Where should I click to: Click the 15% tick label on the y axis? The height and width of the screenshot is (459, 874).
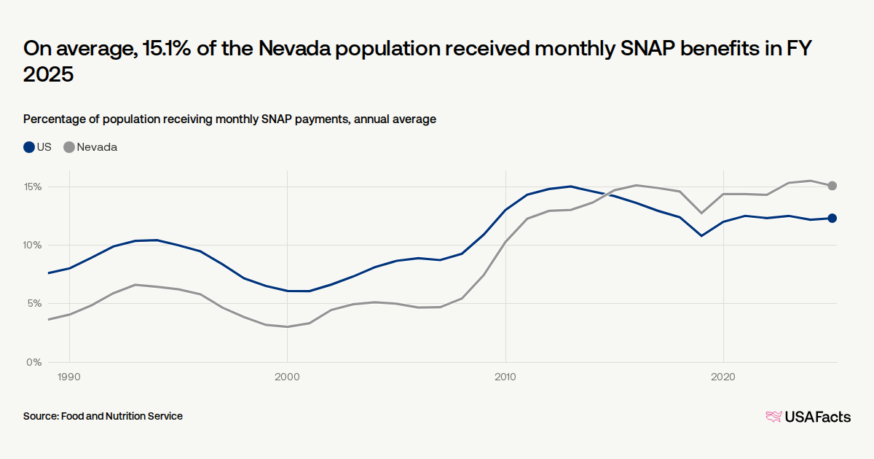(x=32, y=187)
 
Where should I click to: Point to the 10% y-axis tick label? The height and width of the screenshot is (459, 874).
(x=32, y=246)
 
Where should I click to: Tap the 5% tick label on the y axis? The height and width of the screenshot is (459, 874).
(x=34, y=304)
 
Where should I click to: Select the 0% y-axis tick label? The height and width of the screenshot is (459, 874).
(x=34, y=362)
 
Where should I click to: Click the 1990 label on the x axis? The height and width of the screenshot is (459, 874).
(x=69, y=377)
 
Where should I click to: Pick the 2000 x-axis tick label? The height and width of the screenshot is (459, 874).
(x=287, y=377)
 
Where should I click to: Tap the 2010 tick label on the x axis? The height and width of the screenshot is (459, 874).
(x=505, y=377)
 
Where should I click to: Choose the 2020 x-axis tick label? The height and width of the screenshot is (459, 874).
(x=723, y=377)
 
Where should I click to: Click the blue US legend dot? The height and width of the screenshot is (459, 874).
(x=29, y=147)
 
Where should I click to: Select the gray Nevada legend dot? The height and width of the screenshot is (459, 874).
(x=69, y=147)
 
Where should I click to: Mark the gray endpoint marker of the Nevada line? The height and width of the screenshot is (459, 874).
(x=832, y=186)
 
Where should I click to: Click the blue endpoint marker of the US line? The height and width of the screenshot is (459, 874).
(x=832, y=218)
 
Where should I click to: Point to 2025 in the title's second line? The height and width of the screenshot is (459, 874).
(x=49, y=75)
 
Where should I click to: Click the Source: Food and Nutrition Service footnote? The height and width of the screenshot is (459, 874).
(x=103, y=416)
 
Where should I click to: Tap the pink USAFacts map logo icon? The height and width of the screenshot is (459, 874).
(x=773, y=417)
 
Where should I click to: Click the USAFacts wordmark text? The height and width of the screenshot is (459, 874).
(x=817, y=417)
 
